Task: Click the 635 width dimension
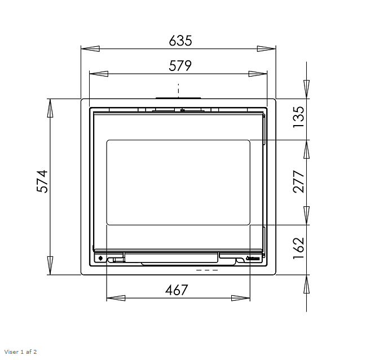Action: click(180, 41)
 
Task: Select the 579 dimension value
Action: click(180, 66)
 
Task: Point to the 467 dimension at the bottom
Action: click(177, 290)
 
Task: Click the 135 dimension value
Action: click(298, 117)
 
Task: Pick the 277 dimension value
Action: click(298, 181)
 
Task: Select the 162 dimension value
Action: click(298, 248)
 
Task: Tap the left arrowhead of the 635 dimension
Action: click(90, 49)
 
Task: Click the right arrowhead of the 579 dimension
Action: click(258, 74)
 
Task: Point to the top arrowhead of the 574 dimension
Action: click(50, 108)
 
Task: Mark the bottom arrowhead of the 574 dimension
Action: click(50, 265)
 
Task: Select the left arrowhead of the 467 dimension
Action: click(116, 298)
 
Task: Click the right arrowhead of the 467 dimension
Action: click(241, 298)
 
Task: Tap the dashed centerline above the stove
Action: click(178, 90)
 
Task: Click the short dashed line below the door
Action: click(206, 270)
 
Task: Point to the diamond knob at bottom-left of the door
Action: click(100, 259)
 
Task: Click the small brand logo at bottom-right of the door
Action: click(252, 259)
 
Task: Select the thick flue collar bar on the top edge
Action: click(178, 98)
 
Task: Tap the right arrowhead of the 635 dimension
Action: click(266, 49)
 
